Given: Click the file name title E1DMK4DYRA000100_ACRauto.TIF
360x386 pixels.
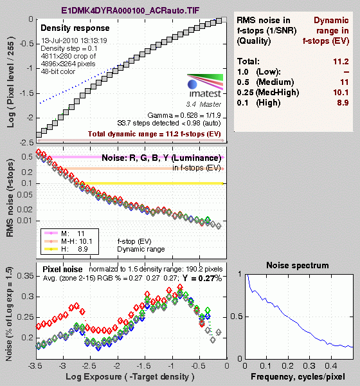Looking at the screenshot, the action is pos(130,10).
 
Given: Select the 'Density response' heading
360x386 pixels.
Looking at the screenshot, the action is pos(75,28).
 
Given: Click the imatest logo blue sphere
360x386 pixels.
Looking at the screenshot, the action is pos(192,84).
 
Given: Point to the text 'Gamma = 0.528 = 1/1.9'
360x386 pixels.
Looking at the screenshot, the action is pos(184,115).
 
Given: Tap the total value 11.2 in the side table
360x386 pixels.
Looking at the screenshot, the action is pos(341,61).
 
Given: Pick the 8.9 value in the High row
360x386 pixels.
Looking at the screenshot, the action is pos(343,102).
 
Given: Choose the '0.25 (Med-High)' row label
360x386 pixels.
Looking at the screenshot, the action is pos(268,92).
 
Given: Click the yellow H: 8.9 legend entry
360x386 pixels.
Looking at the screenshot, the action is pos(66,249).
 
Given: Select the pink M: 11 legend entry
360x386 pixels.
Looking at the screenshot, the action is pos(64,234).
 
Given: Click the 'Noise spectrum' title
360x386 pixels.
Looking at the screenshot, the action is pos(298,265).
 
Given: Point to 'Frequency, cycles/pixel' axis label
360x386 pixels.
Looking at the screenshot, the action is pos(298,376).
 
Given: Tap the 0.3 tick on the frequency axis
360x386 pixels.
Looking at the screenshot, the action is pos(309,365).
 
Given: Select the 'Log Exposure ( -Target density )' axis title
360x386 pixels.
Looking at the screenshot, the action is pos(130,376).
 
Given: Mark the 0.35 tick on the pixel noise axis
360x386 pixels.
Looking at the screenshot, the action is pos(26,276).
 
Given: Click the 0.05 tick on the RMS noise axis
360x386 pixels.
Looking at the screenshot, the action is pos(25,195).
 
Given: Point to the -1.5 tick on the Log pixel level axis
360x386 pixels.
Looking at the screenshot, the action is pos(26,93).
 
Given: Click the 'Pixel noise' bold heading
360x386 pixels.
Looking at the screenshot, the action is pos(62,270).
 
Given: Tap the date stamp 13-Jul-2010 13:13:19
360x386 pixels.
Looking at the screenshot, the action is pos(74,41).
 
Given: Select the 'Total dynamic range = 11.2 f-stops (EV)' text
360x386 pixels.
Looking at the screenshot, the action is pos(154,134).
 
